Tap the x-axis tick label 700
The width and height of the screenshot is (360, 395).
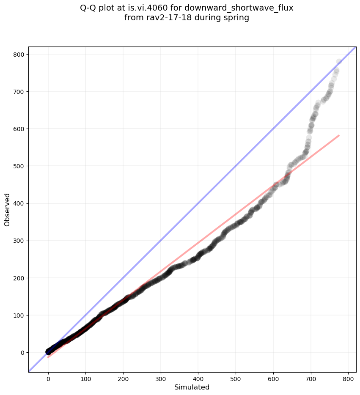point(311,378)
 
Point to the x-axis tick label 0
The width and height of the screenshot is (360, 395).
point(48,378)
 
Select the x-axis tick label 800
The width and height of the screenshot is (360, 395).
point(348,378)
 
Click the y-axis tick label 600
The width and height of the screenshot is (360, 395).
point(20,129)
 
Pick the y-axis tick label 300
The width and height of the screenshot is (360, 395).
point(20,241)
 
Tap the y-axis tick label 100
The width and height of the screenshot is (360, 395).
point(20,315)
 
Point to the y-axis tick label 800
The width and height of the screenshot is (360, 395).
point(20,55)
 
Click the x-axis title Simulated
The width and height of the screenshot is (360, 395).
point(192,387)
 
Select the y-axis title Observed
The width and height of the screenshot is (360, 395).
point(7,209)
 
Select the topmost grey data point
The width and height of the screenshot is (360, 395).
point(339,62)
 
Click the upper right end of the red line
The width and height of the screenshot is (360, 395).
point(339,135)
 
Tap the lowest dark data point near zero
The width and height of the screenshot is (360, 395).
point(48,352)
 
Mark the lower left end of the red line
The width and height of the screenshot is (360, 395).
point(48,357)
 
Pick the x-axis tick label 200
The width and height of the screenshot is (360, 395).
point(123,378)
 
